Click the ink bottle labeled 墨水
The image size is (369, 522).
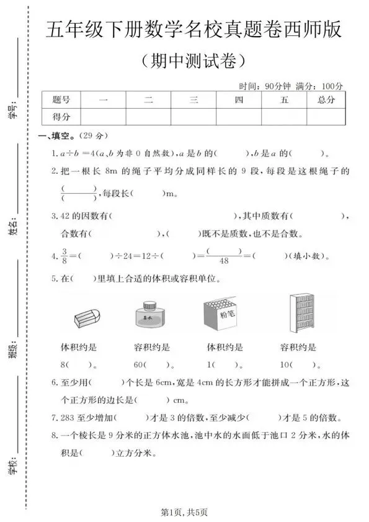click(149, 313)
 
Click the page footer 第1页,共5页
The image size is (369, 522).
click(184, 511)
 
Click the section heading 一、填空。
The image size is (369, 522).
click(56, 136)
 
